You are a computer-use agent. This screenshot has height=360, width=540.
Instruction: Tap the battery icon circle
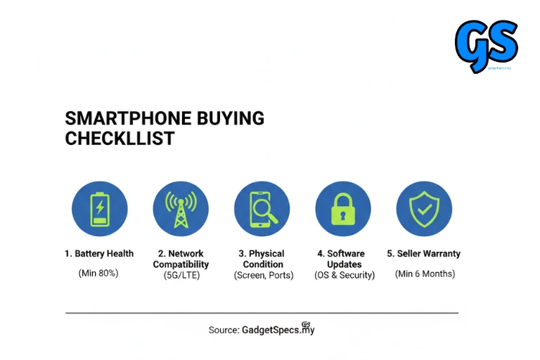pyautogui.click(x=100, y=209)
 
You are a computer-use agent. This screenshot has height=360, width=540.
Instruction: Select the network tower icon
pyautogui.click(x=181, y=209)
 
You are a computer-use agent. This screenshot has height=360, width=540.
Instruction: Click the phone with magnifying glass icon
pyautogui.click(x=262, y=209)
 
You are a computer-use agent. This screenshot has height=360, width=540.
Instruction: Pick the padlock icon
pyautogui.click(x=343, y=209)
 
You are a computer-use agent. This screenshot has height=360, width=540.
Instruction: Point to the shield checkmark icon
pyautogui.click(x=424, y=209)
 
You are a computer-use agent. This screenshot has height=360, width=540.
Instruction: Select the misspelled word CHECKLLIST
pyautogui.click(x=120, y=139)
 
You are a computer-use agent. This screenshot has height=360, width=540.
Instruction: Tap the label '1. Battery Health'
pyautogui.click(x=99, y=254)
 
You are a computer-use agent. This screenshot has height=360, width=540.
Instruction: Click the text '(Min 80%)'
pyautogui.click(x=98, y=273)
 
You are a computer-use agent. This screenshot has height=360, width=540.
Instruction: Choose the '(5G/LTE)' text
pyautogui.click(x=181, y=276)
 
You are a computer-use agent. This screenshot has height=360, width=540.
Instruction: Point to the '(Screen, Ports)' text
pyautogui.click(x=263, y=276)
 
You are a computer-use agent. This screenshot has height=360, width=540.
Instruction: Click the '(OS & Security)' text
pyautogui.click(x=344, y=276)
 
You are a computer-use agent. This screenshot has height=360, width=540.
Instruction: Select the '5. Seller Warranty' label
pyautogui.click(x=424, y=254)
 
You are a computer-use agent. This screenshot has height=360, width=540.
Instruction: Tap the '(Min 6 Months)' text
pyautogui.click(x=425, y=273)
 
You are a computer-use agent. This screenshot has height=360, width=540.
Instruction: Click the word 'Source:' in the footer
pyautogui.click(x=224, y=330)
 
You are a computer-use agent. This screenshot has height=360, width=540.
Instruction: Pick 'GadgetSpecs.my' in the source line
pyautogui.click(x=278, y=330)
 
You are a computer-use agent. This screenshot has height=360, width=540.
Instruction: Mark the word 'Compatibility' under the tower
pyautogui.click(x=181, y=264)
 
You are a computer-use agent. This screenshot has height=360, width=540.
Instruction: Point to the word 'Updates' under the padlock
pyautogui.click(x=344, y=264)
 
